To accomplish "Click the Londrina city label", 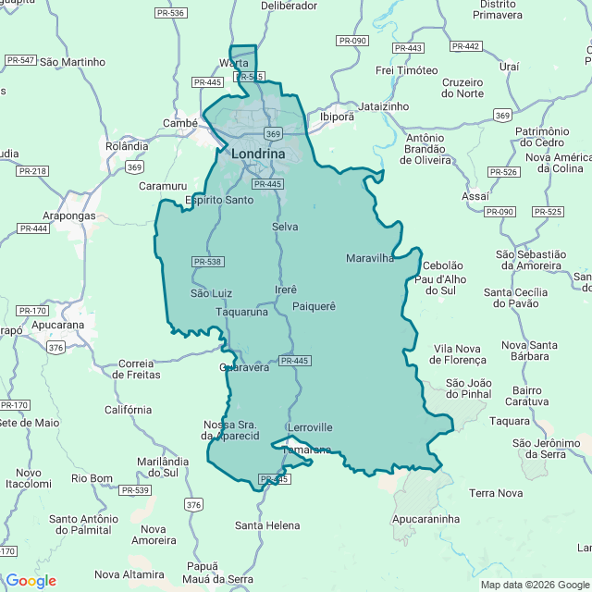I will (258, 154).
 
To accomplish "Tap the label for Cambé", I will (179, 123).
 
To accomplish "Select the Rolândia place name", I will (127, 146).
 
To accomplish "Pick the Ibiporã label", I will (337, 117).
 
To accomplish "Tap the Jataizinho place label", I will (383, 106).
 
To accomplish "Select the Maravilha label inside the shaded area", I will (370, 258).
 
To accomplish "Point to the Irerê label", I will (286, 290).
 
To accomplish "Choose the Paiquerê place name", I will (314, 306).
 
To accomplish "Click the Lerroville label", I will (310, 427).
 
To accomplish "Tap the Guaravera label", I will (244, 367).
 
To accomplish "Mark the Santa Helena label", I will (267, 525).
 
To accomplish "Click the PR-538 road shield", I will (208, 262).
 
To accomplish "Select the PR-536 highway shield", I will (171, 13).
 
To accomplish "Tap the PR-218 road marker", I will (33, 171).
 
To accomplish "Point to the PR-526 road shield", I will (504, 172).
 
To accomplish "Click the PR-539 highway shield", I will (134, 490).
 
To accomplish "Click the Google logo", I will (31, 581).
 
